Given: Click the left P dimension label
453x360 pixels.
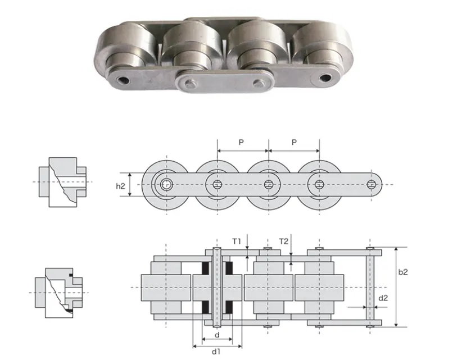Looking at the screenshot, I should coord(241,143).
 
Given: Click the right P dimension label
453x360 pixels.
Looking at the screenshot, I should coord(294,143).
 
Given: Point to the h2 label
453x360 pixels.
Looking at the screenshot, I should coord(121,184).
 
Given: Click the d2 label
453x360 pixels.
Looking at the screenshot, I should coord(382,298).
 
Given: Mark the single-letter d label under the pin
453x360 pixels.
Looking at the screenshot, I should coord(217,335).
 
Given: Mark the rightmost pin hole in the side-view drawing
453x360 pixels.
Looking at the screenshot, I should coord(371,184).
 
